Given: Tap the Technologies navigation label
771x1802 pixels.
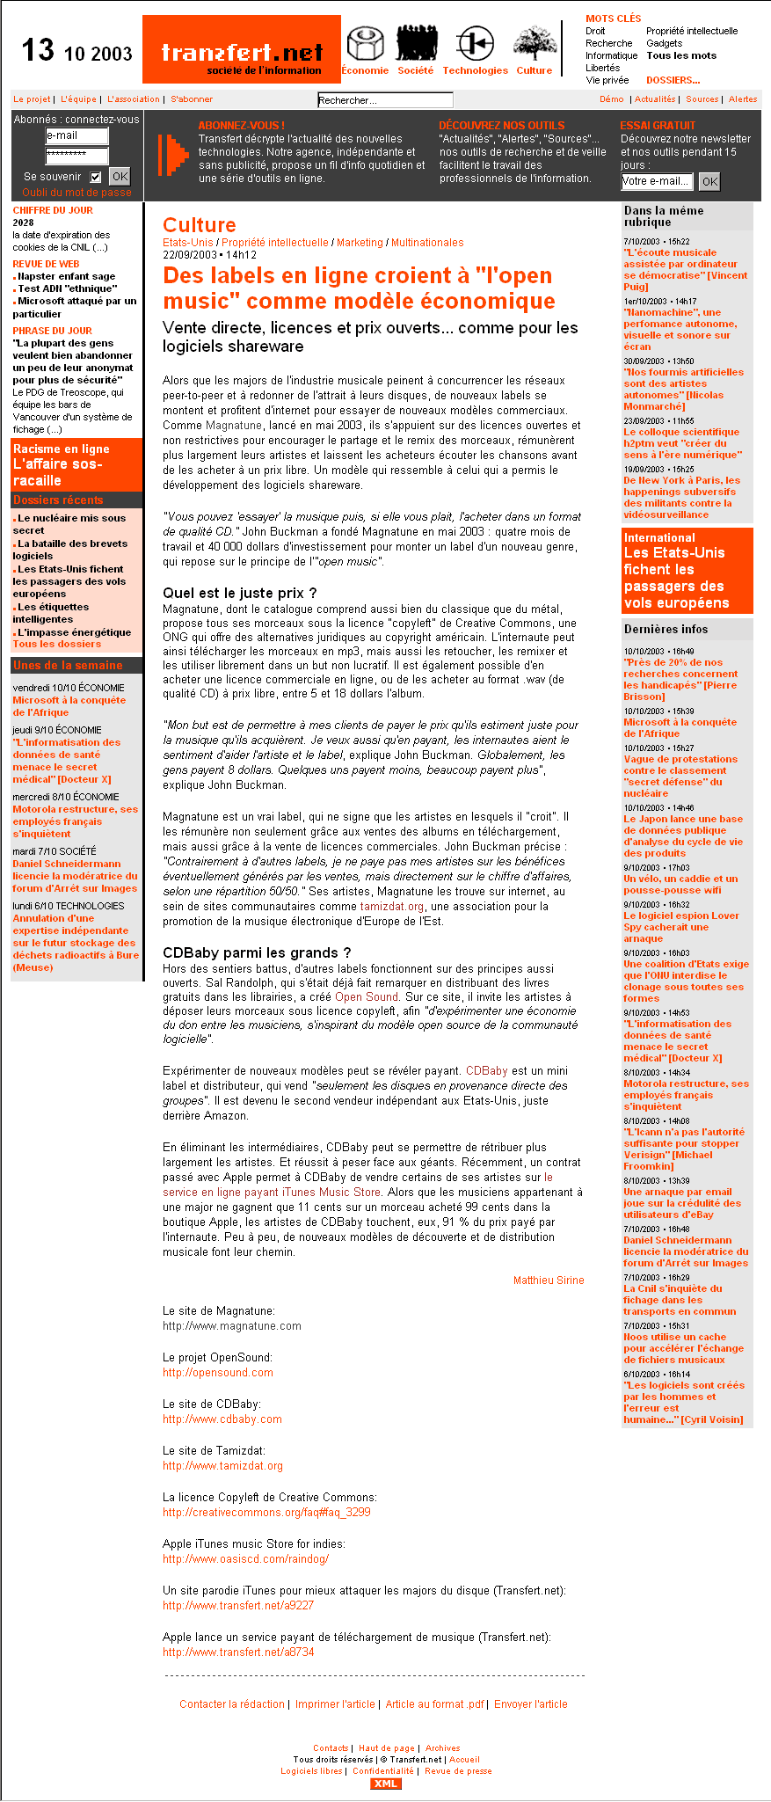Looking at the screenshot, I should pos(475,70).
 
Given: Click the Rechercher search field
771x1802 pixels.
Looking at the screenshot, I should pos(385,100).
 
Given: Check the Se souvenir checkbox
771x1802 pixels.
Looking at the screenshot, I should pos(96,177).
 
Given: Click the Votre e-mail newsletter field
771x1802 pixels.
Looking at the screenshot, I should pos(657,181).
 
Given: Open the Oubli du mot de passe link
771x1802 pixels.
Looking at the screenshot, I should pos(76,193).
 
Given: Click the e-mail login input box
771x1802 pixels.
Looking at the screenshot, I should pos(77,135).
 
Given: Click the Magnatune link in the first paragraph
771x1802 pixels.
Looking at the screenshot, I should pos(234,426).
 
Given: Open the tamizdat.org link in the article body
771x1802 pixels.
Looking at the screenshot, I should pos(392,907).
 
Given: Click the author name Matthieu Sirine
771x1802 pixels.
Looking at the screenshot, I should pos(549,1280).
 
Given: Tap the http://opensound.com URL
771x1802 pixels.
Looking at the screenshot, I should pos(218,1373).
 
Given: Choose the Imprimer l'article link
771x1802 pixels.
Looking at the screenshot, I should pos(335,1704).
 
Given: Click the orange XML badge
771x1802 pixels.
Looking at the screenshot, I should pos(386,1784).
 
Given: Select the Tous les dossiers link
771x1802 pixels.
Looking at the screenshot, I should pos(57,644).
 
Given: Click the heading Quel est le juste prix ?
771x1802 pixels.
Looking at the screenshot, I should pos(240,593).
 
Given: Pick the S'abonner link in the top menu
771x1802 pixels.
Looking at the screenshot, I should pos(192,99).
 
